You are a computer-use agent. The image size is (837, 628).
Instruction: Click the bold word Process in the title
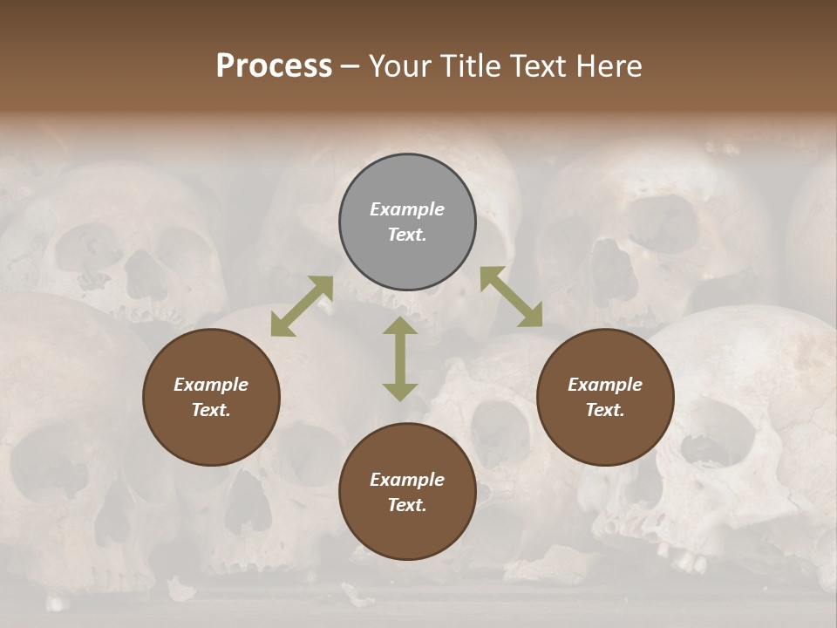point(274,66)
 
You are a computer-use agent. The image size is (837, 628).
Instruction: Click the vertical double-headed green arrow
point(400,358)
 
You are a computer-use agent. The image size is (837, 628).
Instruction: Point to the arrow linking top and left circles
point(302,306)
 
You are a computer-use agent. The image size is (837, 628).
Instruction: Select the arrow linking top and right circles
point(511,297)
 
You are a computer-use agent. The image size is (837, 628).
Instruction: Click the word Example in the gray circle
point(407,209)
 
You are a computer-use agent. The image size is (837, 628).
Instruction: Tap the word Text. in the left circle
point(211,410)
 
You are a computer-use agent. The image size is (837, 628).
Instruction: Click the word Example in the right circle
point(605,385)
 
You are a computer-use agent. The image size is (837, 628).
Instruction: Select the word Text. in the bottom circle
point(407,505)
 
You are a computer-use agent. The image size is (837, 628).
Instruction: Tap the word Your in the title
point(398,66)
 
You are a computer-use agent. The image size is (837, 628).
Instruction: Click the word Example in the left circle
point(211,385)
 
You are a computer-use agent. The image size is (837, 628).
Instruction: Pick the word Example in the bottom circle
point(407,480)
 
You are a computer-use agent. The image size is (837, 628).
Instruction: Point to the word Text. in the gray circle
point(407,235)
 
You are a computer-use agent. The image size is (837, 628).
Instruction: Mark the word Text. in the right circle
point(605,410)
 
